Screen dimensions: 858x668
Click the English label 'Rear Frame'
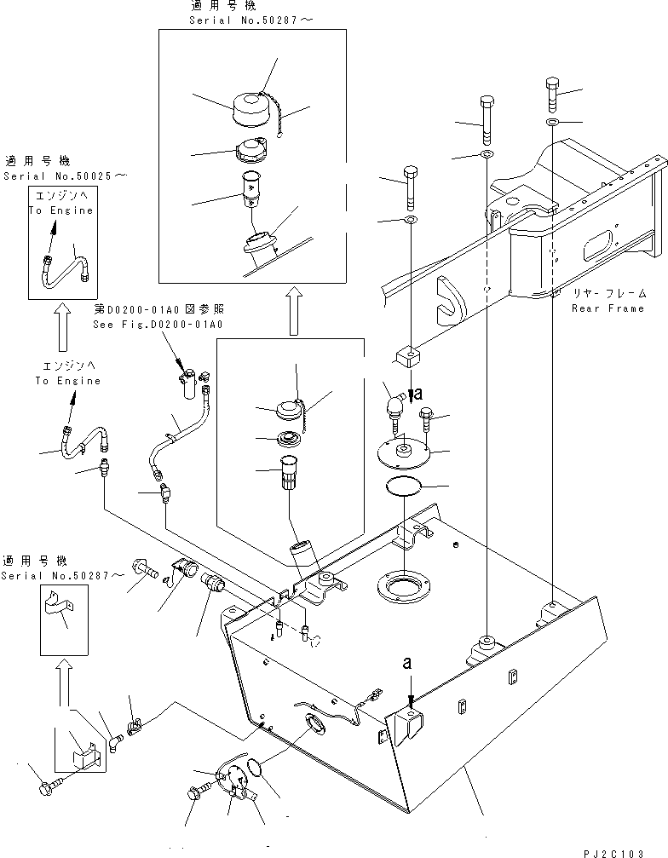609,308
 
